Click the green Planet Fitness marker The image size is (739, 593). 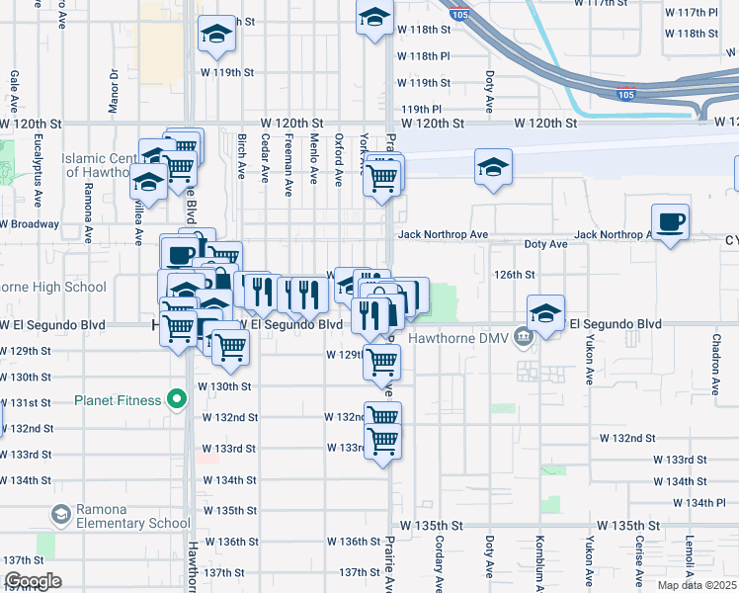click(177, 400)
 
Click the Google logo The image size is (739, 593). click(33, 581)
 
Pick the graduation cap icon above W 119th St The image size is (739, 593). click(216, 34)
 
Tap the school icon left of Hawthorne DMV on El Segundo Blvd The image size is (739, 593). click(545, 312)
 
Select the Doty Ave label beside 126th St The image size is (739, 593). click(545, 243)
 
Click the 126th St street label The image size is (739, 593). click(515, 275)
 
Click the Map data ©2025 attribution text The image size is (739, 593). click(698, 585)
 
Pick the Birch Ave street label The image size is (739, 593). click(241, 155)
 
